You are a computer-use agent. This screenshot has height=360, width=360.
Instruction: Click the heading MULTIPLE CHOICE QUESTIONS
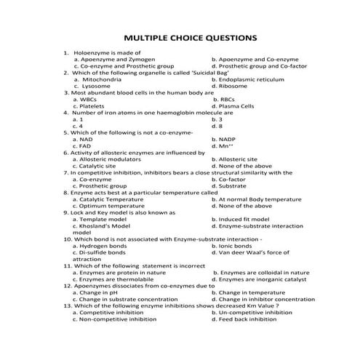[x=180, y=36]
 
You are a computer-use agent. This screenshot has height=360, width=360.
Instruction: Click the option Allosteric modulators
[x=113, y=159]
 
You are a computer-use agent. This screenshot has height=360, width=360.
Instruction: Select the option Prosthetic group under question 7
[x=103, y=186]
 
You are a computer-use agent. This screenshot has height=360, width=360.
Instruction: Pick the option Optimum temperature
[x=109, y=206]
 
